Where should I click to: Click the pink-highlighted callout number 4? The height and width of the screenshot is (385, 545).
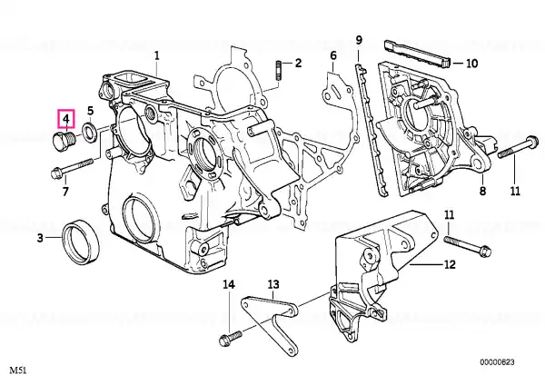[66, 118]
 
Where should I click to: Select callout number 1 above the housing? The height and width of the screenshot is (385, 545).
[156, 55]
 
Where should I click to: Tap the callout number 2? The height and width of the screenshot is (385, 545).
[297, 62]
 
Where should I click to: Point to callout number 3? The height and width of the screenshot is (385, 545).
[40, 239]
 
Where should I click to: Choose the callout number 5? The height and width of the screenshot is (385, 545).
[90, 111]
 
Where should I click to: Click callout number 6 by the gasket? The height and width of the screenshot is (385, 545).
[332, 56]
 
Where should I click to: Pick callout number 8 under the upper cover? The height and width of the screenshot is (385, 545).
[482, 192]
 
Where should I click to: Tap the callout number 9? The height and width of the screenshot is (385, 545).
[359, 39]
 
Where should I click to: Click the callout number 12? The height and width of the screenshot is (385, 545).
[450, 265]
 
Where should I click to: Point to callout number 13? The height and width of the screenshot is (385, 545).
[272, 284]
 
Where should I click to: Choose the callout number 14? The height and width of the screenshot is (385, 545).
[229, 284]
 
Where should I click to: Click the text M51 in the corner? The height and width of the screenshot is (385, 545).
[19, 371]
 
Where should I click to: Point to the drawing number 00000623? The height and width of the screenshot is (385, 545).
[500, 362]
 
